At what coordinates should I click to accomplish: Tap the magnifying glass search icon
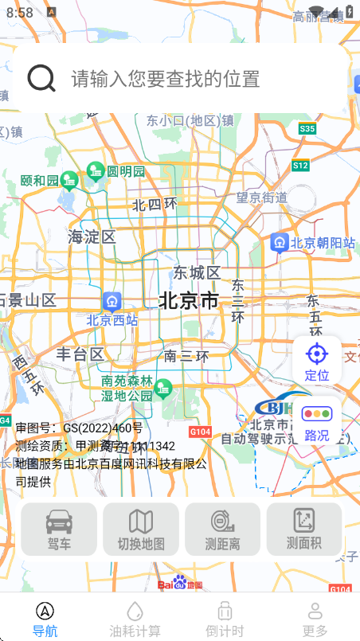coord(41,78)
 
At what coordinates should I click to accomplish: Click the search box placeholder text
coord(166,79)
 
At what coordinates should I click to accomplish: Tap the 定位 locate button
coord(317,360)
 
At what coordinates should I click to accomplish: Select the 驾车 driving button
coord(59,530)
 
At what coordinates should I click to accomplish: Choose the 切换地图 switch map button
coord(141,530)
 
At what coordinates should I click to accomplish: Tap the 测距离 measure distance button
coord(223,530)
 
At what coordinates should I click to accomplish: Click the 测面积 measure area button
coord(304,530)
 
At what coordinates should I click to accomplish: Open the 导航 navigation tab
coord(45,619)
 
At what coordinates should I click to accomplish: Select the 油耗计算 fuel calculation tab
coord(135,619)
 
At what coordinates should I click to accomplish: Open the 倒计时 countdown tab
coord(225,619)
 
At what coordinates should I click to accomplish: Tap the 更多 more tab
coord(315,619)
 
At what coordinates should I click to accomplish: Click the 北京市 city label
coord(189,300)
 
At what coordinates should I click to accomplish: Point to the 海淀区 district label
coord(92,236)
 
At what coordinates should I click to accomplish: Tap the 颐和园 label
coord(40,181)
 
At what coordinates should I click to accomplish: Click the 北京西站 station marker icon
coord(112,301)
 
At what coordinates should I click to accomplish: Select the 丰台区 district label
coord(80,354)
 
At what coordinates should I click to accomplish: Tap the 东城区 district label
coord(197,272)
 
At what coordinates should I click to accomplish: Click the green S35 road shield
coord(307,128)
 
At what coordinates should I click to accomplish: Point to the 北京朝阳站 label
coord(323,243)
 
